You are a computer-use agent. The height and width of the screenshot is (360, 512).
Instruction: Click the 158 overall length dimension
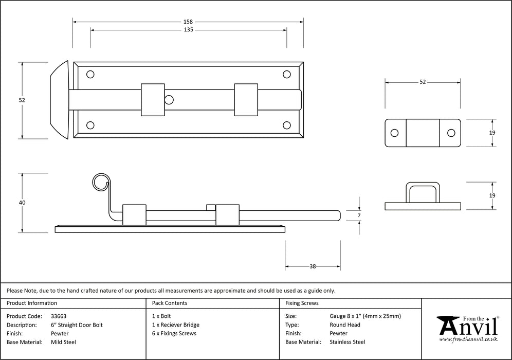(x=188, y=22)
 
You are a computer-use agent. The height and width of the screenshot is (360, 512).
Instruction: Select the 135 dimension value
(x=188, y=30)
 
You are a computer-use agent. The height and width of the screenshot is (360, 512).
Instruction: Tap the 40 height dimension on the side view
(x=22, y=203)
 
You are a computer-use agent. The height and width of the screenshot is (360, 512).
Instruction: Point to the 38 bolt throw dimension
(x=313, y=266)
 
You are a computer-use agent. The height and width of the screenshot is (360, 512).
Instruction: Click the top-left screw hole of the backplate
(x=90, y=75)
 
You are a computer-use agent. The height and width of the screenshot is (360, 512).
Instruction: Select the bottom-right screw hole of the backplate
(x=287, y=125)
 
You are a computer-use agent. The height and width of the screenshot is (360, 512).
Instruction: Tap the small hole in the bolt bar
(x=169, y=100)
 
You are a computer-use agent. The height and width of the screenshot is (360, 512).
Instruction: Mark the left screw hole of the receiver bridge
(x=394, y=133)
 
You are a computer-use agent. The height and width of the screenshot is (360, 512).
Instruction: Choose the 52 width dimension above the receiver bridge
(x=423, y=82)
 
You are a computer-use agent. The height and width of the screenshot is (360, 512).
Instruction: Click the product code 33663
(x=59, y=316)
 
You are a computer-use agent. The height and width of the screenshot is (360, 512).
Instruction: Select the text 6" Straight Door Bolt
(x=77, y=325)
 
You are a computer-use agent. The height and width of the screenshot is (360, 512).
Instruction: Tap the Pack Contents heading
(x=170, y=303)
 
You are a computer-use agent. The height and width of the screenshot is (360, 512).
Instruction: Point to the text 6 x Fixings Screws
(x=174, y=333)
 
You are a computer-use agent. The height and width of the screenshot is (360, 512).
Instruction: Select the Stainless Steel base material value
(x=347, y=342)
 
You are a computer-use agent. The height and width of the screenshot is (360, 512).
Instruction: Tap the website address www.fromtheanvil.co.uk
(x=468, y=339)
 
